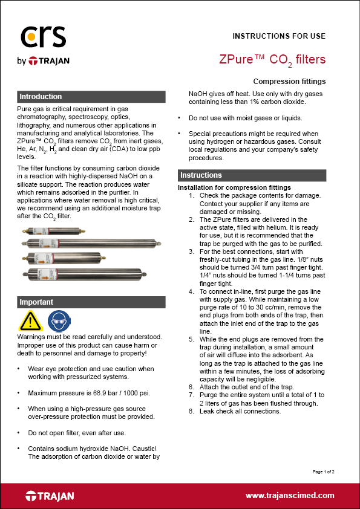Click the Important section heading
(x=36, y=302)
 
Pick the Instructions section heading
(x=201, y=175)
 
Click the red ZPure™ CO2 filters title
(x=272, y=59)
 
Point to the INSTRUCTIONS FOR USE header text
(x=279, y=36)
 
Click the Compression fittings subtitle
(x=289, y=81)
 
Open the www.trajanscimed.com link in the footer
(x=290, y=495)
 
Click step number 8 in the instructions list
(x=192, y=411)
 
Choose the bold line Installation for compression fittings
(x=234, y=187)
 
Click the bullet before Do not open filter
(x=20, y=433)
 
